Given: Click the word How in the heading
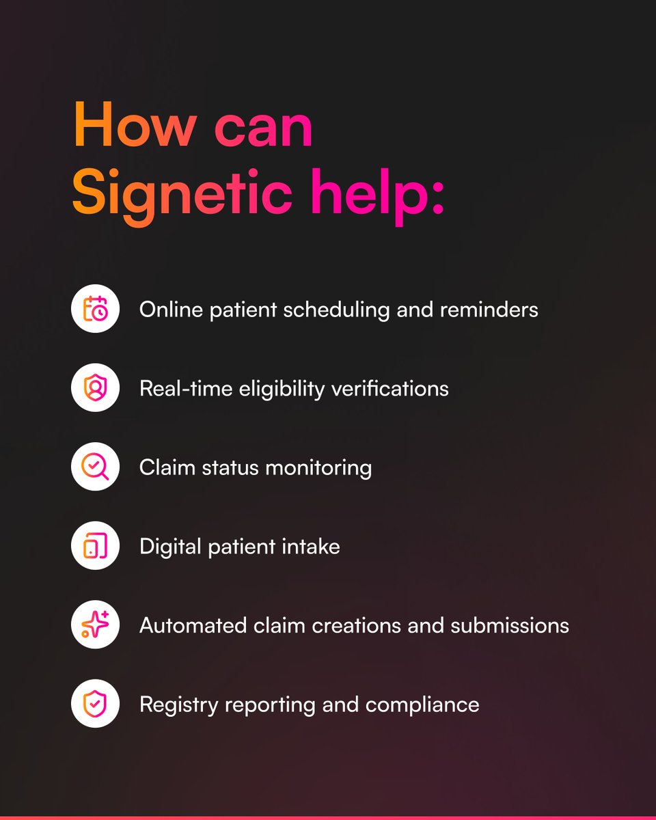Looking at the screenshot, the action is [135, 124].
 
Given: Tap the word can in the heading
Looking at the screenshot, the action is [264, 128].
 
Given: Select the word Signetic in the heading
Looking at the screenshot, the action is [182, 195].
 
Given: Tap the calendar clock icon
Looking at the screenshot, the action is [95, 309].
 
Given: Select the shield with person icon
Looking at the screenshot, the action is [95, 387].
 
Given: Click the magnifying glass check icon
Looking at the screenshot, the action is [95, 467].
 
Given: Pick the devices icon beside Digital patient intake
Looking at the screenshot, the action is [95, 546].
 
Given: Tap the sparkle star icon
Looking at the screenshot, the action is [95, 625].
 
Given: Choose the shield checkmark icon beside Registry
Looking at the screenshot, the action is [95, 703].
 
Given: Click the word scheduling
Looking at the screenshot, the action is [336, 310].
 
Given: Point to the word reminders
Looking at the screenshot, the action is [489, 310].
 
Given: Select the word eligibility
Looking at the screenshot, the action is [282, 389].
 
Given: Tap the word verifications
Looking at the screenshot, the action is [390, 389].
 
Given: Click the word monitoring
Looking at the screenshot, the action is [318, 468].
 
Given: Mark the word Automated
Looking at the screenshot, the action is [193, 626].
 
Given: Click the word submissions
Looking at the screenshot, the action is [510, 626].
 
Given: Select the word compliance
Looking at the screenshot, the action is [422, 705].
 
